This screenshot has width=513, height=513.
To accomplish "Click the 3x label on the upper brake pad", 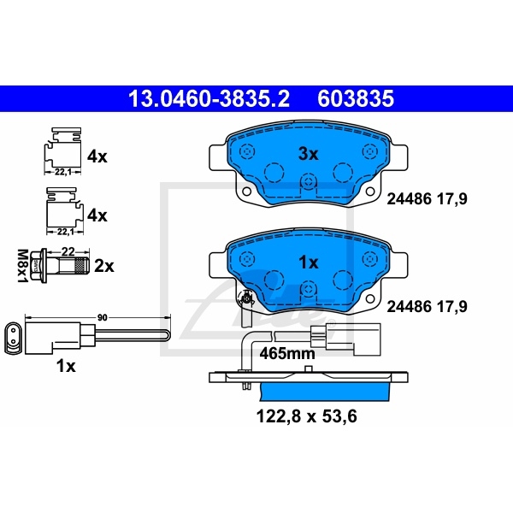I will [x=307, y=154].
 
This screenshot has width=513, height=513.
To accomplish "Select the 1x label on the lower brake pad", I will [x=307, y=262].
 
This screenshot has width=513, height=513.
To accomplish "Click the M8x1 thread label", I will [x=21, y=264].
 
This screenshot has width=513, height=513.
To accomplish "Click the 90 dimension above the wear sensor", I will [x=102, y=317].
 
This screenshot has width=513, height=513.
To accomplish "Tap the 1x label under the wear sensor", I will [x=66, y=366].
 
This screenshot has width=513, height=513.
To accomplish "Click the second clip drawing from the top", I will [x=61, y=210].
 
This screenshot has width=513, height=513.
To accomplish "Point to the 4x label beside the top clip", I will [x=97, y=156].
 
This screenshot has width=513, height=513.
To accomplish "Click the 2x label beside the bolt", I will [x=103, y=266].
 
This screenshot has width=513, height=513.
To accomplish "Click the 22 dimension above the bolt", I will [x=69, y=251].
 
